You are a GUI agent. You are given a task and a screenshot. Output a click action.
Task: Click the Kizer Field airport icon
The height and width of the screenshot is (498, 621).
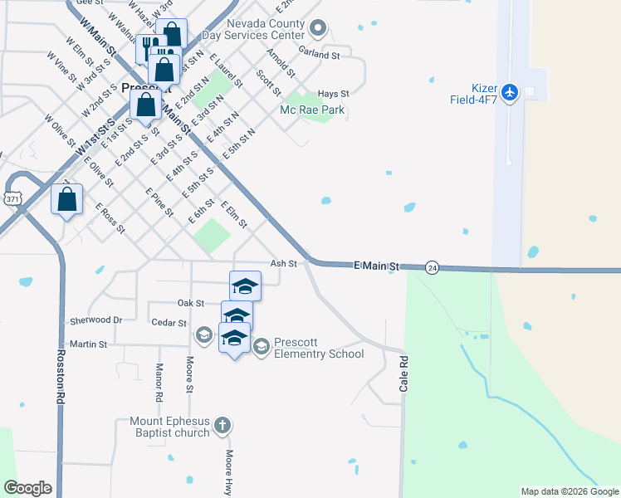pos(510,91)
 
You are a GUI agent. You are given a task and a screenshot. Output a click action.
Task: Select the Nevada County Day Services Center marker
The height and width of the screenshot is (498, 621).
pos(316,30)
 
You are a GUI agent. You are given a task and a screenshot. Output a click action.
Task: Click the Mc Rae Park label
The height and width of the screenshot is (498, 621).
pos(312,110)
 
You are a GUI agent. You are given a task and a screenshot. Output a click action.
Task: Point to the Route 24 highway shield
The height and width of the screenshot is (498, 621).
pos(432,267)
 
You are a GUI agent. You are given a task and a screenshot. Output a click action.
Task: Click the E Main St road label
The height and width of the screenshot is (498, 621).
pos(377,266)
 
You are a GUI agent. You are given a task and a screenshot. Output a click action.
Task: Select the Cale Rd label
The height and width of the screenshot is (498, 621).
pos(404,376)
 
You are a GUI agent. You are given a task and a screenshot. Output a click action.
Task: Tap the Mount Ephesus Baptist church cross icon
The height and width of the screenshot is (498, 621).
pos(221,426)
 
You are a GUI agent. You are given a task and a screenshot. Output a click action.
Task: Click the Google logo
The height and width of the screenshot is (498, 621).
pos(27,488)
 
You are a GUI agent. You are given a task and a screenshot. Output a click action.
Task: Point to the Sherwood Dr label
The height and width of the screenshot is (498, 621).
pos(95,320)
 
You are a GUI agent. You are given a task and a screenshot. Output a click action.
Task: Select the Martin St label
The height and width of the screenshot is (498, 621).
pos(89,344)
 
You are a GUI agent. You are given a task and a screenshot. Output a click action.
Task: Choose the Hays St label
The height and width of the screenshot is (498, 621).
pos(333,95)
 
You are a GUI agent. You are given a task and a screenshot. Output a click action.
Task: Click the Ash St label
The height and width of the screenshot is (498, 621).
pos(284,263)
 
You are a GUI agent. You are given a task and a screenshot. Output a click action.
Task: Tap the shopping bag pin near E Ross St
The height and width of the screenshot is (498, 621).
pos(67,200)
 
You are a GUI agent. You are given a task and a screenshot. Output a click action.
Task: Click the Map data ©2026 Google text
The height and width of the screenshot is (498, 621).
pos(569,491)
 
